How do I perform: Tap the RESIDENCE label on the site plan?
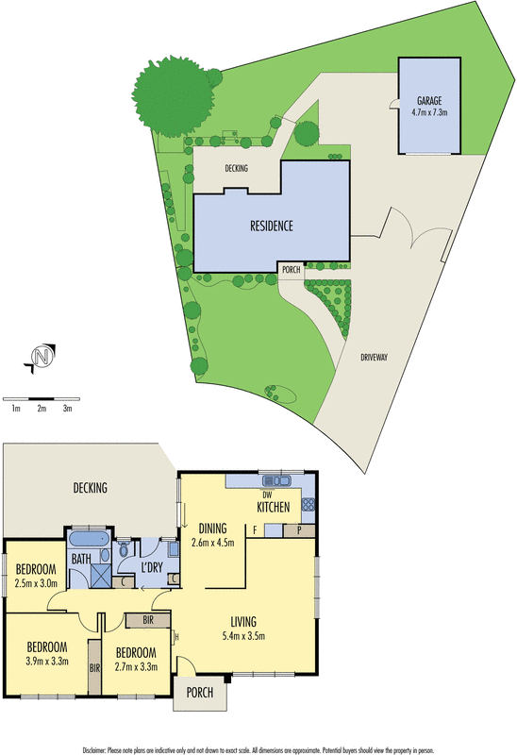click(272, 226)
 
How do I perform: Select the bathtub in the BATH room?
click(90, 540)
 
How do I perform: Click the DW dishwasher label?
click(267, 494)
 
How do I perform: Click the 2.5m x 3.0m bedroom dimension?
click(37, 584)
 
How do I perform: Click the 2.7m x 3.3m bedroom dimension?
click(136, 667)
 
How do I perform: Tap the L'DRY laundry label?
click(152, 566)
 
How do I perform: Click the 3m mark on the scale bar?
click(68, 409)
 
